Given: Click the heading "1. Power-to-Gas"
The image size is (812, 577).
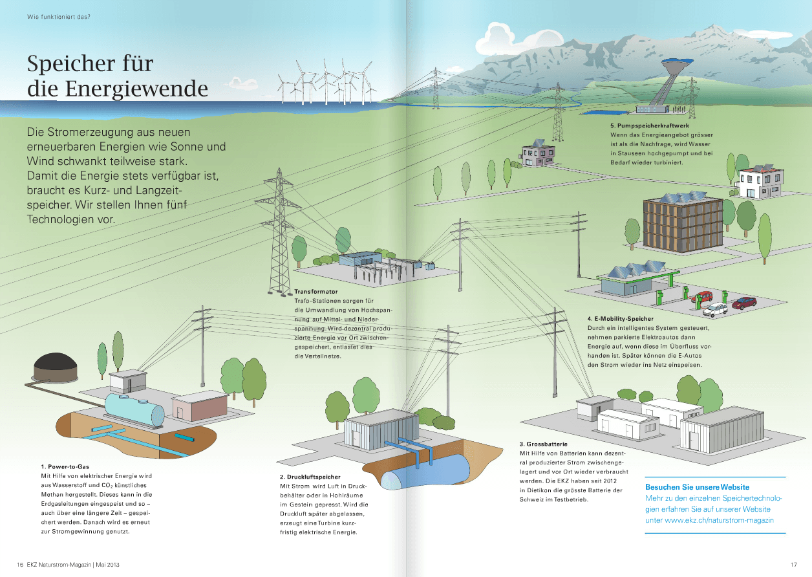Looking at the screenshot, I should pos(65,466).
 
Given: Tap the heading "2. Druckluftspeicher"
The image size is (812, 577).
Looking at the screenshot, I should pos(310,477).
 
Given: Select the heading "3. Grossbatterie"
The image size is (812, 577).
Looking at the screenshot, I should pos(544,444).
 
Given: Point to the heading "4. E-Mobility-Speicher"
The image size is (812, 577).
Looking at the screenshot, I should pos(620,319).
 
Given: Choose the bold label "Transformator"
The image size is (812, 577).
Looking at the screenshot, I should pos(315,292).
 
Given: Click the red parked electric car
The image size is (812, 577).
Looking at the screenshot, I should pos(743,302).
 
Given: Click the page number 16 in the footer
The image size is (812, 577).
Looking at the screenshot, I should pos(20,564).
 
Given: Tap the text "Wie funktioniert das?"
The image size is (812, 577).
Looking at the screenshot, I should pos(58,16).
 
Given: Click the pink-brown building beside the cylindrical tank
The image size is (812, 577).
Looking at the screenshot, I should pos(199,407).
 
